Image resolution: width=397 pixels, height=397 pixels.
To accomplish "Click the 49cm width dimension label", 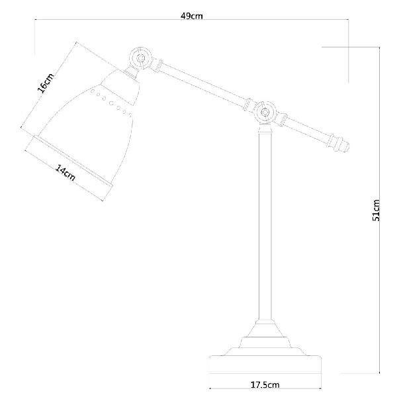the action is point(192,16).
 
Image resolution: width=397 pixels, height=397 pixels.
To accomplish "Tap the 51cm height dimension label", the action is point(376,210).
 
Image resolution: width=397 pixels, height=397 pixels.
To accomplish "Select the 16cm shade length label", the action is point(46,83).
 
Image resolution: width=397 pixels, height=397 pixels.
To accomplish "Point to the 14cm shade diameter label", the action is point(66,173).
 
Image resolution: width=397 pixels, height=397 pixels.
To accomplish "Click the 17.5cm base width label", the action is point(265,385).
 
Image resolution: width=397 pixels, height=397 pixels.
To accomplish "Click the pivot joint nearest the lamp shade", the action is point(140,58).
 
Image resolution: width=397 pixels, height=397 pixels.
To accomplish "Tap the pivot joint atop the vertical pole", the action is point(265,112).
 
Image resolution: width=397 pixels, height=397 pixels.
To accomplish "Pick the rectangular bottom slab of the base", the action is point(265,365).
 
